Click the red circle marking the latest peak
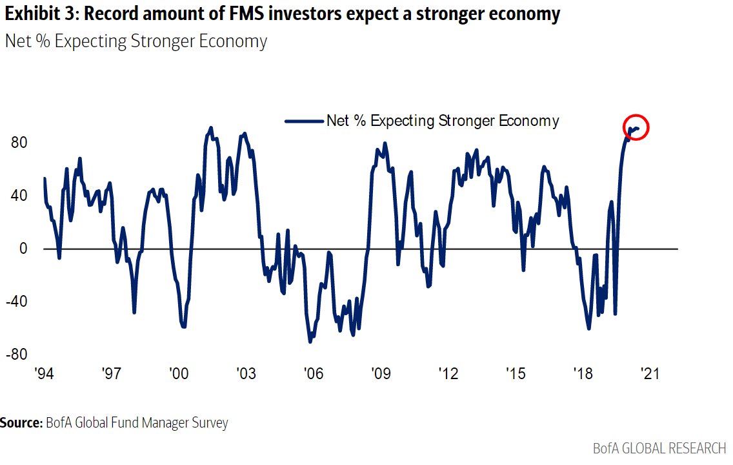636,128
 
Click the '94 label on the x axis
44,374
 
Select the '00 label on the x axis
178,374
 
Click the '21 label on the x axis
648,374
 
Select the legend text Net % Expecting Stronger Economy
443,121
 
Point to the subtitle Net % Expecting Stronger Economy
136,41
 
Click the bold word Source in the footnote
21,424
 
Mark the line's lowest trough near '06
310,341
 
